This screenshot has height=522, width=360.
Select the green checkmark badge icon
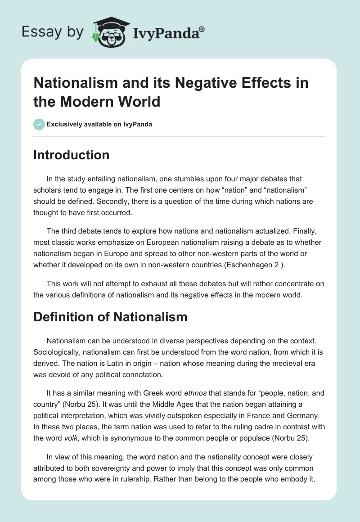point(39,124)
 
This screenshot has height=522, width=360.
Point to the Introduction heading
point(72,155)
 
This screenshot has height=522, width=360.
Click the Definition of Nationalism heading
point(110,317)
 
